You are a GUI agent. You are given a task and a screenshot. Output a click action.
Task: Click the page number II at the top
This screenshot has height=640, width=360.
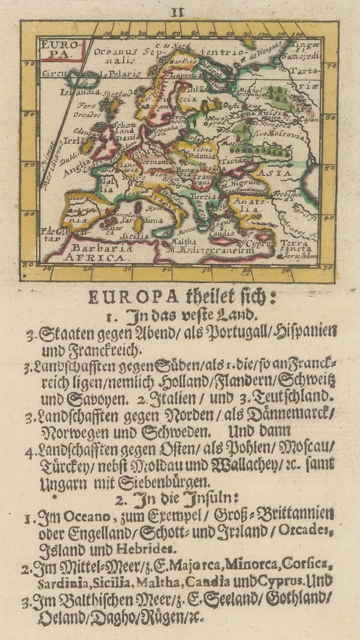tap(178, 9)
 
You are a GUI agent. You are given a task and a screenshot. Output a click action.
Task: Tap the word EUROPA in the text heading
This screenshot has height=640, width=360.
tap(125, 296)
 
